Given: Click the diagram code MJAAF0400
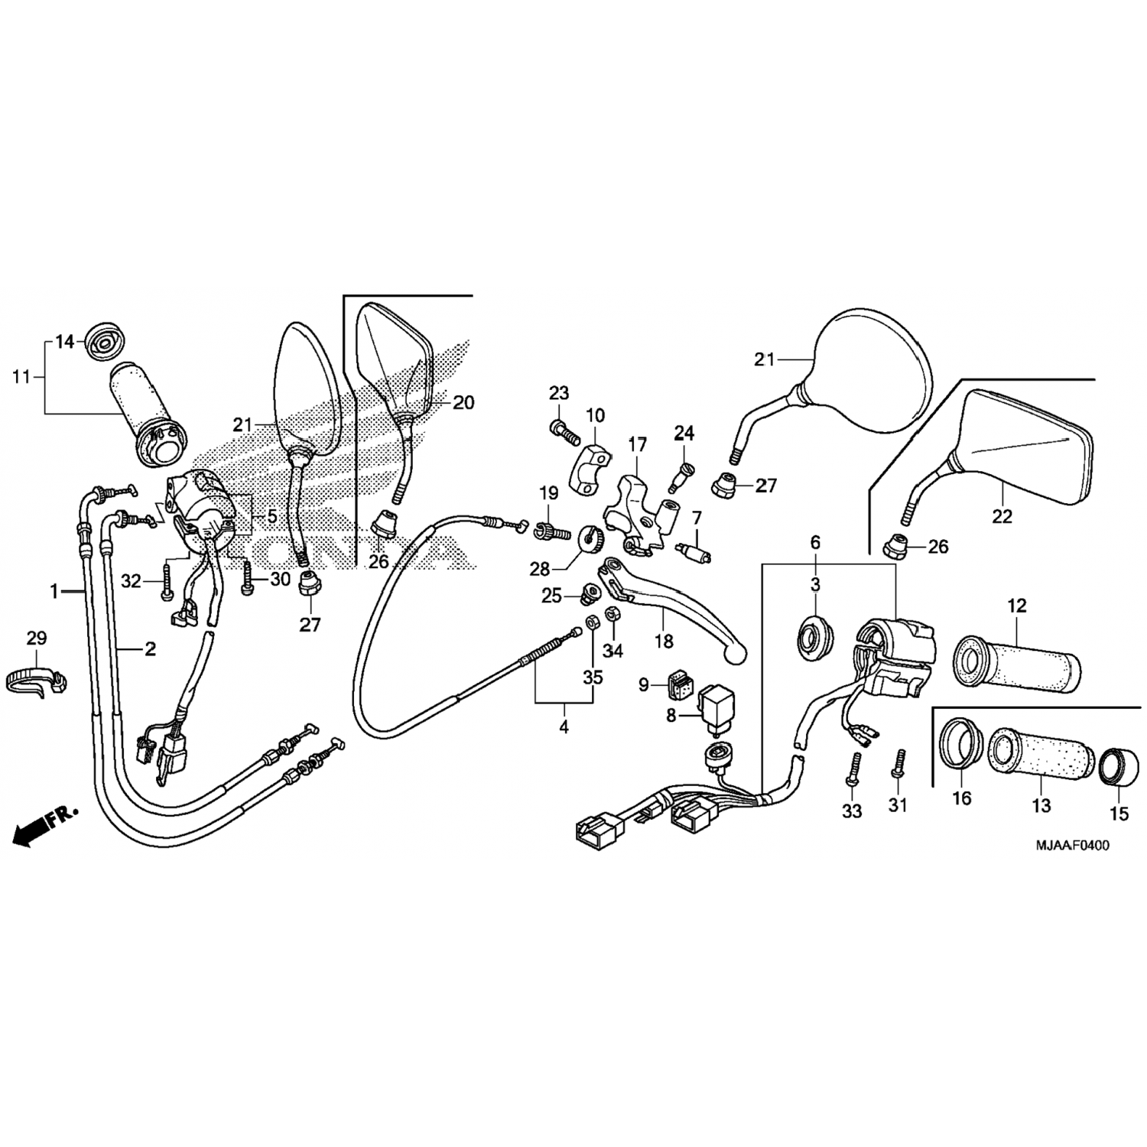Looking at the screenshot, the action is pos(1072,845).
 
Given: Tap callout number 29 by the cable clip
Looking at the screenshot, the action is pos(37,638).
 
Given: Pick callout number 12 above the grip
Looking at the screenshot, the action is pos(1016,606).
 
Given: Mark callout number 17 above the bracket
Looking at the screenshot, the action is pos(638,444).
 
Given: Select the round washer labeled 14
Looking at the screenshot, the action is pos(100,341).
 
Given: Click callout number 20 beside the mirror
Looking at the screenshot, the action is pos(463,402).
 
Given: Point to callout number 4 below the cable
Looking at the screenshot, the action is pos(564,727).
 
